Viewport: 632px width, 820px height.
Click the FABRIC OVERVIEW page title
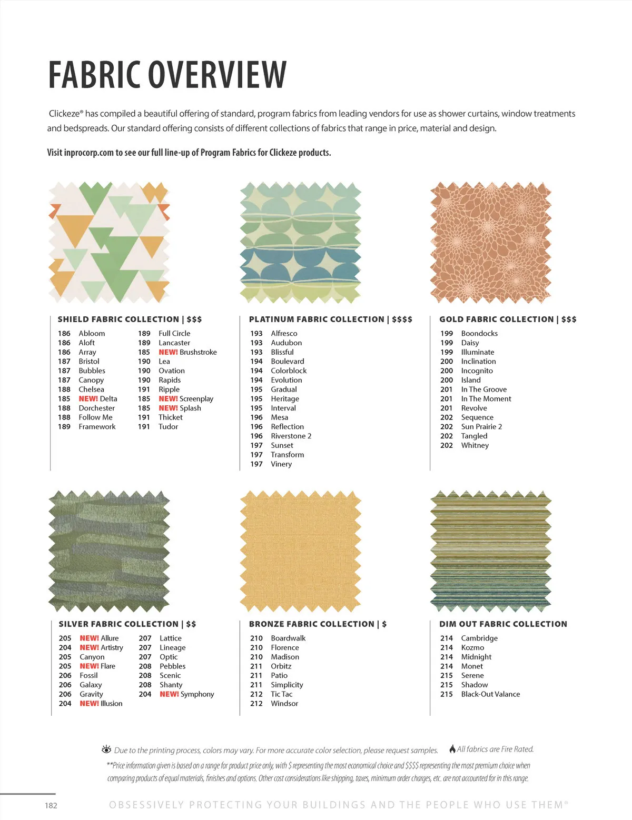coord(167,75)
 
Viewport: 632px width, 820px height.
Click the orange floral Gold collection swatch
coord(491,243)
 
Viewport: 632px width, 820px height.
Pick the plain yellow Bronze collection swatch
coord(300,551)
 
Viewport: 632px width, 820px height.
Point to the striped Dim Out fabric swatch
coord(491,551)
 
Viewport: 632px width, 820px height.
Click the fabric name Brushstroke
coord(198,352)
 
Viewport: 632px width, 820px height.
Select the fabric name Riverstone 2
coord(291,436)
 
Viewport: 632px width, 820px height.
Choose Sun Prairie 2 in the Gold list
coord(481,427)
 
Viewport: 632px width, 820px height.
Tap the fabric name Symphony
coord(197,694)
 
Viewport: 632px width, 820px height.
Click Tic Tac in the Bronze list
coord(282,694)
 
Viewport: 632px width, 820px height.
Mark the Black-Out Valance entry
coord(490,694)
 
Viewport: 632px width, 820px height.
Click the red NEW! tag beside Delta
coord(88,399)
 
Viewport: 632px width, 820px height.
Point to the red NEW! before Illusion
coord(90,704)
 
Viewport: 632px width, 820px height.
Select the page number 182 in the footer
coord(51,805)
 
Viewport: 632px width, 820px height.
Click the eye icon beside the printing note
coord(106,749)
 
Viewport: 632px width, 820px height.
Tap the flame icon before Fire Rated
coord(452,749)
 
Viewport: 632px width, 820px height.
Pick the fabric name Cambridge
coord(479,638)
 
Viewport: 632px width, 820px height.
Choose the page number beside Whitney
coord(447,445)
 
